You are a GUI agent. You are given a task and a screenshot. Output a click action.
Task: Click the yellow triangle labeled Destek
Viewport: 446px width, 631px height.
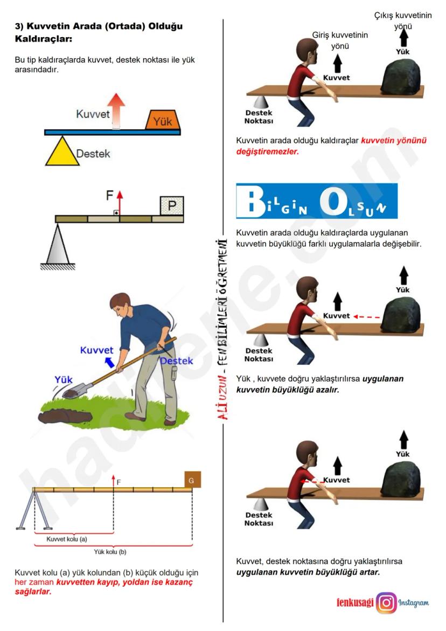point(62,152)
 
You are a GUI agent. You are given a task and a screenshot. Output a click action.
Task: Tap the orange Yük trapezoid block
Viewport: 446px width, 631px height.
point(163,120)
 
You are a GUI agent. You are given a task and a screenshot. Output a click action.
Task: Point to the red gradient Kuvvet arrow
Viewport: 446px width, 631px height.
point(116,112)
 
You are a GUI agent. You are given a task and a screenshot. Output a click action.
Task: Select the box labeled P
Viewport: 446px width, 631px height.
point(172,206)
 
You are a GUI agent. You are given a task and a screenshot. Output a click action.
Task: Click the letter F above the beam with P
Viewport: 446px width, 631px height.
point(109,196)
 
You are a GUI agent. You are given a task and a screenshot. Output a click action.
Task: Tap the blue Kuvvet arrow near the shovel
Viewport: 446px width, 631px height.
point(109,362)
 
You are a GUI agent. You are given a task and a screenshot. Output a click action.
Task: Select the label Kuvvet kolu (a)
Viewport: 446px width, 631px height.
point(67,539)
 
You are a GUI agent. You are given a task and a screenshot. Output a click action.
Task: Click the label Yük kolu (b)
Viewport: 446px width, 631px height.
point(110,552)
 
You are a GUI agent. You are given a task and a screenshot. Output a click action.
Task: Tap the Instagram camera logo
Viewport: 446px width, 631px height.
point(387,603)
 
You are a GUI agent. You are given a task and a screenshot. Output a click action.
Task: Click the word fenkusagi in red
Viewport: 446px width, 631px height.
point(355,603)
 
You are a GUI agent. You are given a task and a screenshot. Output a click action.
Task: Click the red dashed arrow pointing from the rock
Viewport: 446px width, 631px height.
point(367,317)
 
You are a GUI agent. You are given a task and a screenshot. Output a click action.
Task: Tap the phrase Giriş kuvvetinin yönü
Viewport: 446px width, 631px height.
point(340,40)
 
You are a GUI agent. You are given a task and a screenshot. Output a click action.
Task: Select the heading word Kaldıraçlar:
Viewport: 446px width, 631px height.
point(44,39)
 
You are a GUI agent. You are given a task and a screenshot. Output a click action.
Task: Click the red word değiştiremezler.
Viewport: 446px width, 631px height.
point(268,152)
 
